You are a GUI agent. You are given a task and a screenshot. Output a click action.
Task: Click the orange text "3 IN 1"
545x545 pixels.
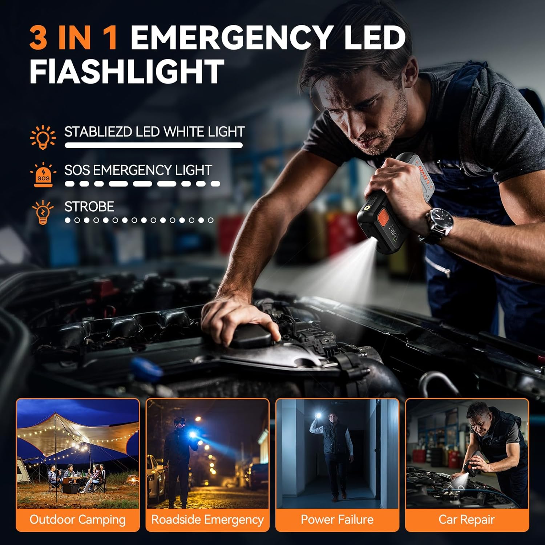coord(73,38)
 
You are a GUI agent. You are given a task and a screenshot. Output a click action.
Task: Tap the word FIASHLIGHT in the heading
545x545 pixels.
coord(126,72)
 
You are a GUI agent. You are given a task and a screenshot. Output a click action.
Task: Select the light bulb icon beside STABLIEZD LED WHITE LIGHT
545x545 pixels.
coord(43,137)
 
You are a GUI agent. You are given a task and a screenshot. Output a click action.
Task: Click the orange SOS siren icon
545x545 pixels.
coord(43,175)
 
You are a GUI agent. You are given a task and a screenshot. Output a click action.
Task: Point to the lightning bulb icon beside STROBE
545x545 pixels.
coord(43,212)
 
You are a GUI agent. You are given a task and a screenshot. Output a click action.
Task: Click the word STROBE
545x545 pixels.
coord(89,207)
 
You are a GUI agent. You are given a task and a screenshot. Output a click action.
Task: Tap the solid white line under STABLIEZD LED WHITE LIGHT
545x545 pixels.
coord(153,145)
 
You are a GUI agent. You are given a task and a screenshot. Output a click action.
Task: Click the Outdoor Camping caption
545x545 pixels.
coord(78,520)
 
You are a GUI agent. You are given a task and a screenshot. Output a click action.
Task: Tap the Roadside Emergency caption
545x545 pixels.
coord(207,520)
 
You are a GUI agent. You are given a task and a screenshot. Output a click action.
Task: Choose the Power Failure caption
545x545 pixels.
coord(337,520)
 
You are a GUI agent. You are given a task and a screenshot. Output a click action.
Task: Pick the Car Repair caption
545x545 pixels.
coord(467,520)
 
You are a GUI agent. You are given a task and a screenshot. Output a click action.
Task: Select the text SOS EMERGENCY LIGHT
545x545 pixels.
coord(138,170)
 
